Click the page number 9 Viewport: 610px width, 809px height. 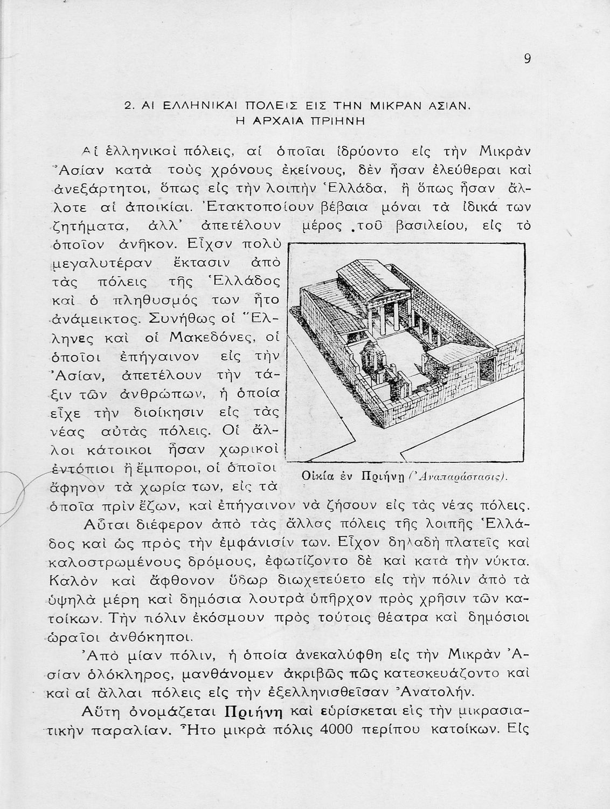(527, 59)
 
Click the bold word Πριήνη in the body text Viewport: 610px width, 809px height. (253, 710)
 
